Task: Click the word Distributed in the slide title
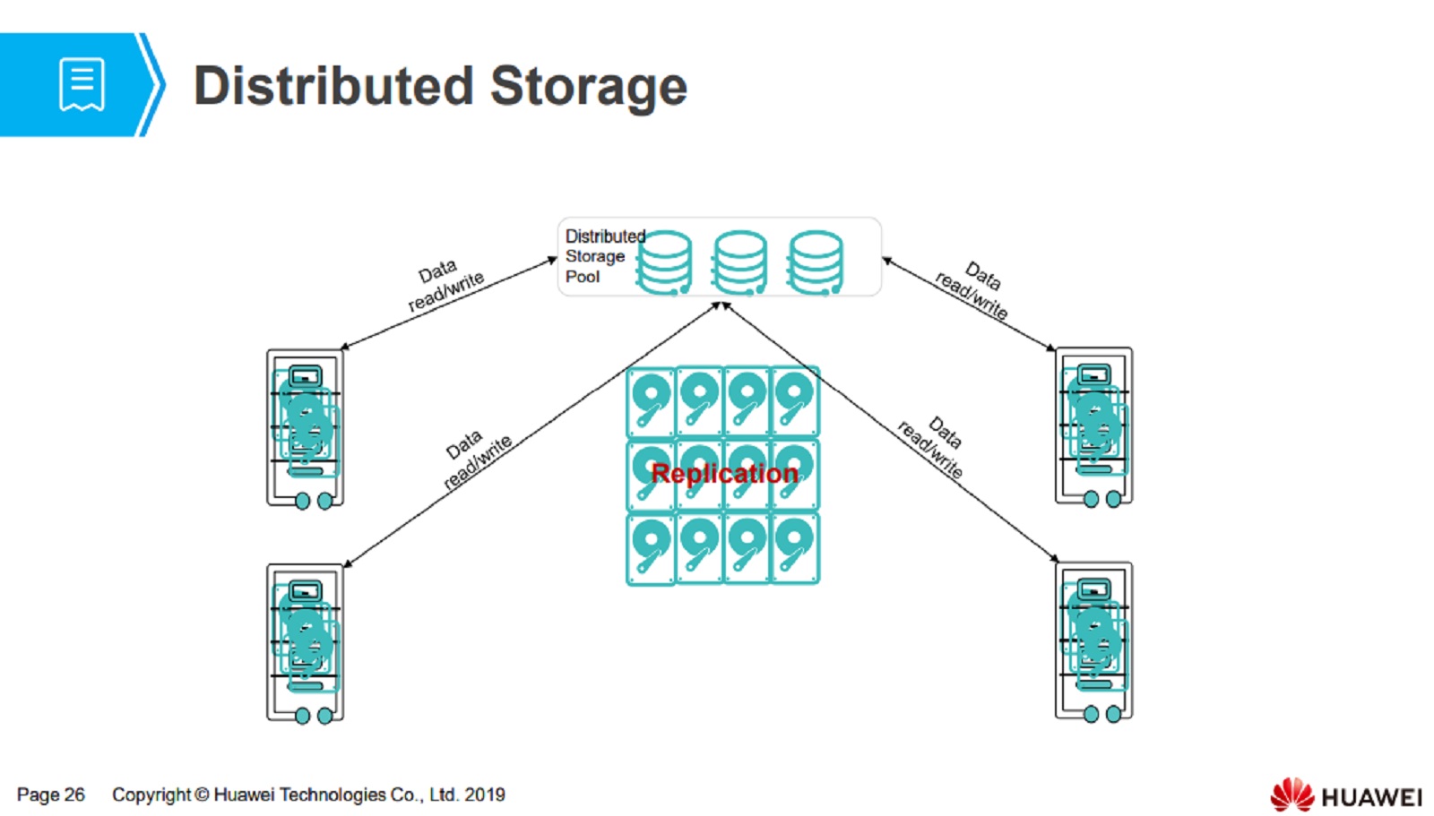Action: [x=333, y=86]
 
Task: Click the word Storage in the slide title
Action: [x=588, y=86]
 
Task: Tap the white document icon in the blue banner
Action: [x=82, y=84]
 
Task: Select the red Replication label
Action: [x=724, y=473]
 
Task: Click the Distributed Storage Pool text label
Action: [x=595, y=256]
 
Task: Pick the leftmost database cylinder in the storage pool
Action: [x=664, y=262]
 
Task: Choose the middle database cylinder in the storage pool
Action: [x=739, y=262]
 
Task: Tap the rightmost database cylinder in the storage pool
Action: [x=815, y=262]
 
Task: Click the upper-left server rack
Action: [x=305, y=428]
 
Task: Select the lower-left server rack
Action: [x=305, y=642]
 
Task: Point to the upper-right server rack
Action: [x=1093, y=426]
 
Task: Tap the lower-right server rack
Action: [x=1093, y=640]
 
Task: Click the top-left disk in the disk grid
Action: [x=651, y=401]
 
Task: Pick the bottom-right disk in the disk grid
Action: [x=795, y=548]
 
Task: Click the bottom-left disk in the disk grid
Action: [x=651, y=548]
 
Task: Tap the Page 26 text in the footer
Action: [x=50, y=795]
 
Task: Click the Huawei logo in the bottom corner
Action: [x=1344, y=795]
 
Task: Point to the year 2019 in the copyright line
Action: [x=485, y=795]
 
